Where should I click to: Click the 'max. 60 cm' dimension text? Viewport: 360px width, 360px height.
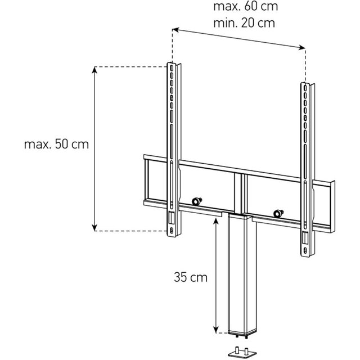pos(245,6)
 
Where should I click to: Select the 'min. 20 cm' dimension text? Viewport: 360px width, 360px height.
pos(244,23)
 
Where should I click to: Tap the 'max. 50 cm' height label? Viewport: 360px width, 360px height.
pos(56,145)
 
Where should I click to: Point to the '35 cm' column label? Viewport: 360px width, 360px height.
pos(191,277)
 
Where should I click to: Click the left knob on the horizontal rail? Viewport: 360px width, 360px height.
pos(197,201)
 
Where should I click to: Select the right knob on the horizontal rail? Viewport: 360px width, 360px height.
pos(278,213)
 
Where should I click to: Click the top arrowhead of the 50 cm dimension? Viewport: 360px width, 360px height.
pos(94,70)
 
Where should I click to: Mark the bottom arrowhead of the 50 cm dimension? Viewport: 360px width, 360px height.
pos(94,227)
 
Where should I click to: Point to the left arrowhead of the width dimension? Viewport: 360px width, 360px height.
pos(175,29)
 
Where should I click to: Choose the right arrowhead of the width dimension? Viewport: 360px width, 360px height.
pos(302,47)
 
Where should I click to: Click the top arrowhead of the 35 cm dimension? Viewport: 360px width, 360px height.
pos(215,221)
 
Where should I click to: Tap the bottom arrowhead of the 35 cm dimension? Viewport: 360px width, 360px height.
pos(215,330)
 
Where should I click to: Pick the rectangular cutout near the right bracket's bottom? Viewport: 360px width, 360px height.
pos(305,238)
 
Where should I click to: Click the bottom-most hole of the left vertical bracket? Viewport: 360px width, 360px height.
pos(171,230)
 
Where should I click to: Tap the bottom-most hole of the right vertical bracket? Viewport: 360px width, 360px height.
pos(305,250)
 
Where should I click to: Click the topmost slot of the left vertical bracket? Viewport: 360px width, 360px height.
pos(171,68)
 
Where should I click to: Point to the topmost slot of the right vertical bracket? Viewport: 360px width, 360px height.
pos(305,88)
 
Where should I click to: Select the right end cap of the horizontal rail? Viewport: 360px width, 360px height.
pos(332,206)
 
